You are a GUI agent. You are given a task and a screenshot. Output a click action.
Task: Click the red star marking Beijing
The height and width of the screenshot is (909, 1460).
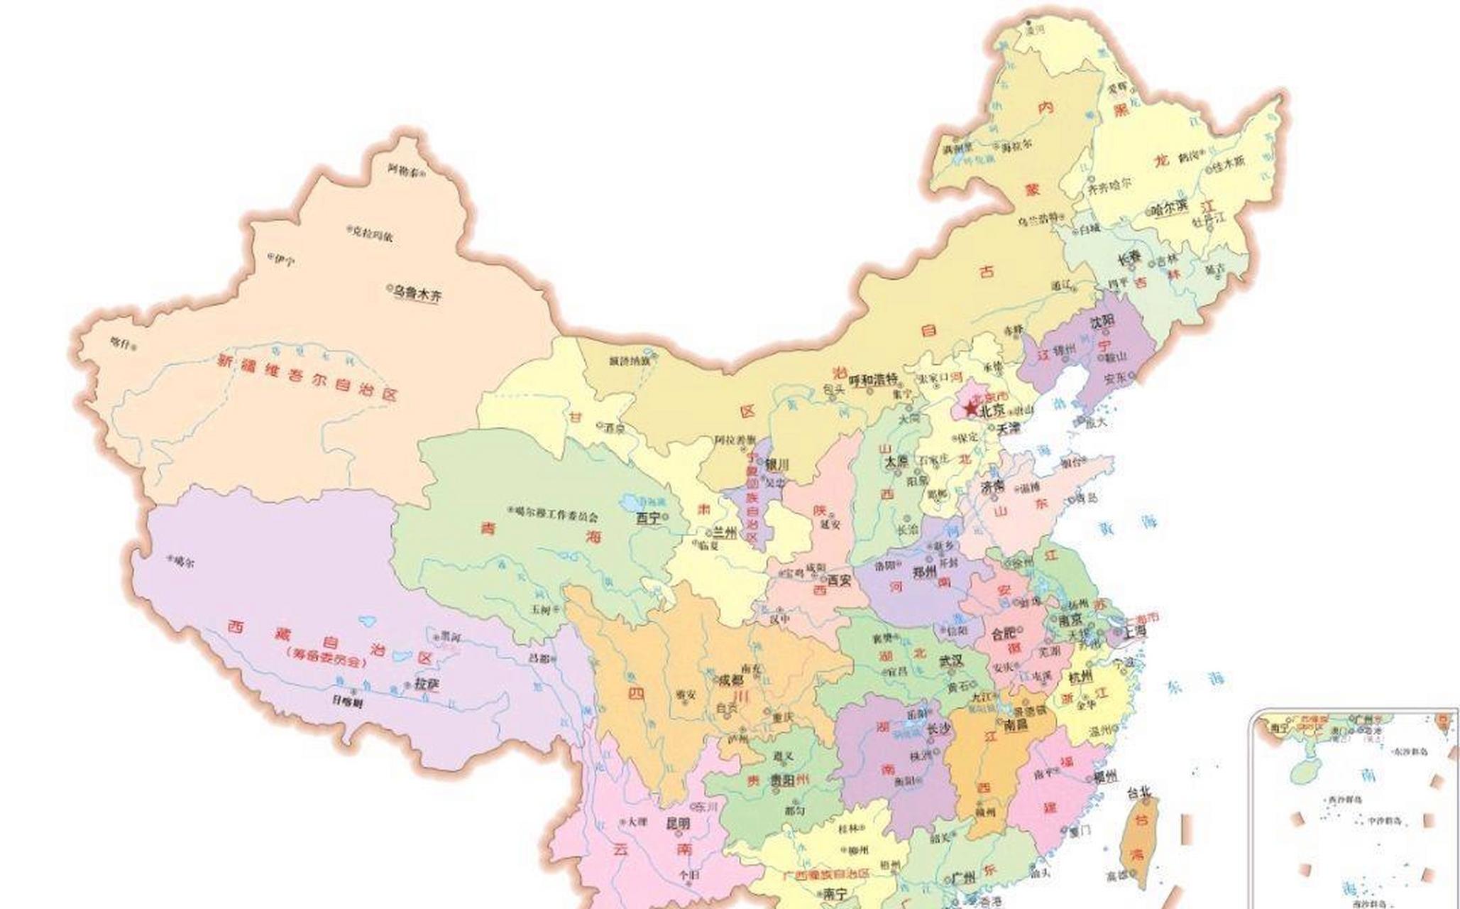point(970,409)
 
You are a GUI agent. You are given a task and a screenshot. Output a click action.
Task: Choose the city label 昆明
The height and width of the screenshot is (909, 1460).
point(676,824)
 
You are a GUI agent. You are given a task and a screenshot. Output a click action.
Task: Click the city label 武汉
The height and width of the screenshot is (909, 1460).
point(952,660)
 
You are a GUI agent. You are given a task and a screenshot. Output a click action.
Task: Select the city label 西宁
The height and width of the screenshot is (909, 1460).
point(648,518)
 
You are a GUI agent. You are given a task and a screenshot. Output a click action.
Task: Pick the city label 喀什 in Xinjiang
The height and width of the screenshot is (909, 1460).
point(121,344)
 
